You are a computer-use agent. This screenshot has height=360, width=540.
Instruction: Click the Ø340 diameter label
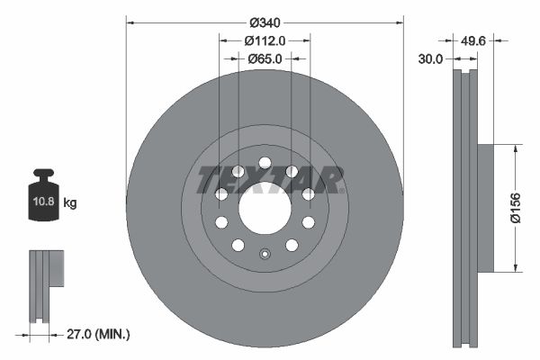pos(265,21)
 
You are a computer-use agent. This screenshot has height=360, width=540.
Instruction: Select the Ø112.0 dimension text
pos(265,40)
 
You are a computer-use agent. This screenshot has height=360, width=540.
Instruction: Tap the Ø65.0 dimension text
pos(265,58)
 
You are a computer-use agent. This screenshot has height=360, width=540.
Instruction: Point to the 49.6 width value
pos(474,40)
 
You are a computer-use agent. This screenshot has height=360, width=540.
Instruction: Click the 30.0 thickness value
pos(432,58)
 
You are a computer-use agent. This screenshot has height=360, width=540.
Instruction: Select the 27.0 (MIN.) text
pos(100,334)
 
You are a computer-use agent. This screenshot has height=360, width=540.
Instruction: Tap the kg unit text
pos(71,203)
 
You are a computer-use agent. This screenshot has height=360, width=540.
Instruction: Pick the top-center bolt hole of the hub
pos(265,163)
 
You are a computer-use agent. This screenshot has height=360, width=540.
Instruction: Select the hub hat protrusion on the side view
pos(483,208)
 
